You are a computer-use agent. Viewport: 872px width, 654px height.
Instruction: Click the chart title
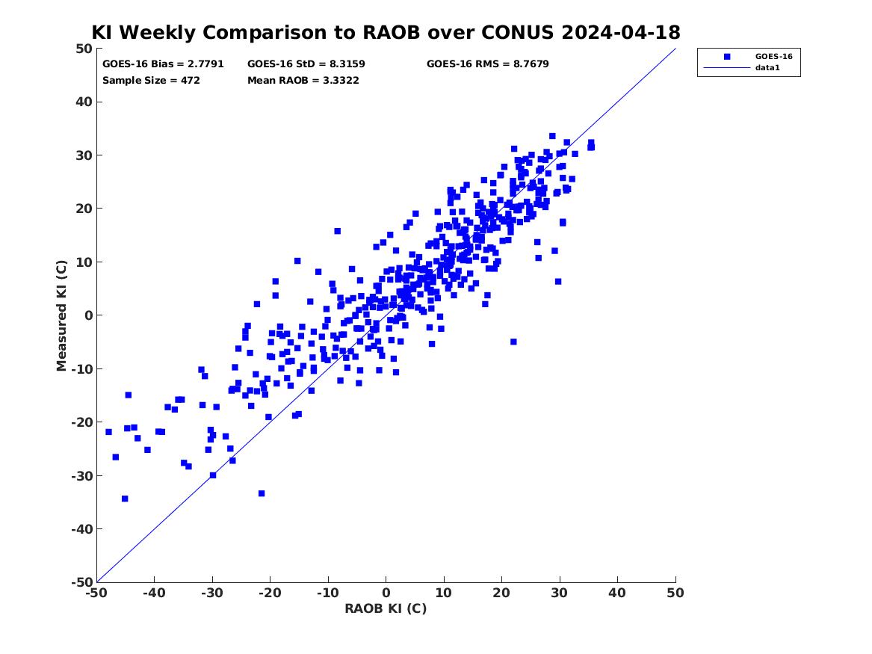pyautogui.click(x=386, y=32)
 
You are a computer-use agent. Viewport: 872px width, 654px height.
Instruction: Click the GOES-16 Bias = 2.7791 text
pyautogui.click(x=163, y=64)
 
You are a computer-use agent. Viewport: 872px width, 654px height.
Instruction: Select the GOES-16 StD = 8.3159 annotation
pyautogui.click(x=306, y=64)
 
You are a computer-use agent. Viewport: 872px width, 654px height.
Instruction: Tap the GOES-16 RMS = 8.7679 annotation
pyautogui.click(x=488, y=64)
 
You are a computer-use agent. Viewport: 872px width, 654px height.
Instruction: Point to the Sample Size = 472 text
pyautogui.click(x=151, y=81)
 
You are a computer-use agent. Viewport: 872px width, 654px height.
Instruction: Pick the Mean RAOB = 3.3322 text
pyautogui.click(x=303, y=81)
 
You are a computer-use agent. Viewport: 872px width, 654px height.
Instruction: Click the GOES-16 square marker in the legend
pyautogui.click(x=727, y=57)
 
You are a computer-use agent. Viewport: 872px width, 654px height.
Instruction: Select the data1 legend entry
pyautogui.click(x=767, y=68)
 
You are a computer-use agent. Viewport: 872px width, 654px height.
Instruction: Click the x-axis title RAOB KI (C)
pyautogui.click(x=386, y=608)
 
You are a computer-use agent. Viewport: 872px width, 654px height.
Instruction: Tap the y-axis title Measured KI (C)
pyautogui.click(x=61, y=315)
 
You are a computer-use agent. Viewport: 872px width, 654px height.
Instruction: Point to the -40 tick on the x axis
pyautogui.click(x=154, y=593)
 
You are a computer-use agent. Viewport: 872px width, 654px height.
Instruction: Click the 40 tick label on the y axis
pyautogui.click(x=84, y=102)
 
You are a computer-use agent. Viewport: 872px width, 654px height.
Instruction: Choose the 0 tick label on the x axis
pyautogui.click(x=386, y=593)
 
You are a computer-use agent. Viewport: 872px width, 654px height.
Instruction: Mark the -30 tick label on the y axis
pyautogui.click(x=81, y=475)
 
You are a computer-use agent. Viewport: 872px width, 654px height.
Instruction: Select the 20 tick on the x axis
pyautogui.click(x=501, y=593)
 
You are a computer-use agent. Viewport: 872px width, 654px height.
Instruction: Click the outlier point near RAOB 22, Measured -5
pyautogui.click(x=513, y=342)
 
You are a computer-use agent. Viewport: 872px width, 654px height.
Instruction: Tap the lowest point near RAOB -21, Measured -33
pyautogui.click(x=262, y=494)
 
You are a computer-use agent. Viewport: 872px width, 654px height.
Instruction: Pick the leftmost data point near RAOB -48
pyautogui.click(x=108, y=432)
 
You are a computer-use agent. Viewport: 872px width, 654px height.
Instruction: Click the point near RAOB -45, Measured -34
pyautogui.click(x=125, y=499)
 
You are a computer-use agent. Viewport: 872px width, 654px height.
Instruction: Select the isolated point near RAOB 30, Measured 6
pyautogui.click(x=558, y=282)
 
